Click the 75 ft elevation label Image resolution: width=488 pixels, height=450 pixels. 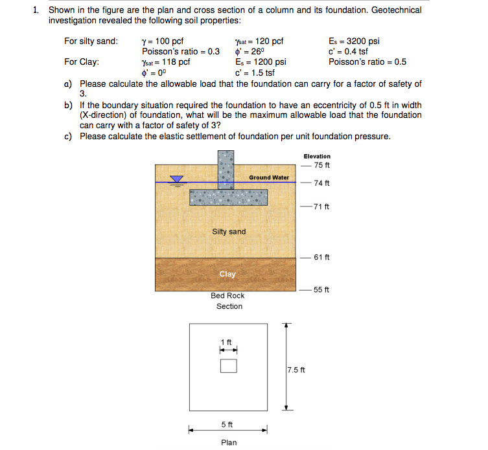[321, 165]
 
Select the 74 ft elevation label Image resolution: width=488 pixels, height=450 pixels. [321, 183]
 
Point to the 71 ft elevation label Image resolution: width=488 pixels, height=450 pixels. [321, 207]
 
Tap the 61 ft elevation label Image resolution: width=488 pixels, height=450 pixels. [321, 257]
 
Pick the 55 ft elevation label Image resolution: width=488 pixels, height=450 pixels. [321, 289]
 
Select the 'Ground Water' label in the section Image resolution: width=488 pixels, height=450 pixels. [269, 177]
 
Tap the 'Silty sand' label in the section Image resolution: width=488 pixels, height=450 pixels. [229, 232]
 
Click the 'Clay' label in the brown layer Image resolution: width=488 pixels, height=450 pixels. [227, 274]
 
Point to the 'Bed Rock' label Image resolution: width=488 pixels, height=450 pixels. [227, 296]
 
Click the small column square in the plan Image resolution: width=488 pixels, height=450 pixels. [228, 366]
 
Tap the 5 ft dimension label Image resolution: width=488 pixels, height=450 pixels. [227, 425]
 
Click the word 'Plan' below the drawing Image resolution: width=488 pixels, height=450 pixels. [229, 442]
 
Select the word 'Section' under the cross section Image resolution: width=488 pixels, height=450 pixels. [229, 306]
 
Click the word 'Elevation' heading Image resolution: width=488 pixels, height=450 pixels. [316, 156]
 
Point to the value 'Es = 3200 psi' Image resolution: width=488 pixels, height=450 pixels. [354, 41]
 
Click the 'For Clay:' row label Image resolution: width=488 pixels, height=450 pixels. [82, 62]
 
